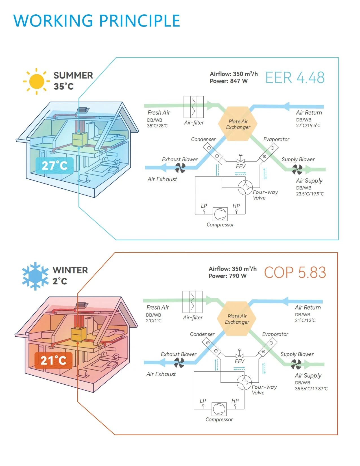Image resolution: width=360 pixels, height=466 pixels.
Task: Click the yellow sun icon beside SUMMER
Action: point(37,81)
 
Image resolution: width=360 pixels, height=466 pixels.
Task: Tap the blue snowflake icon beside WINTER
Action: point(36,276)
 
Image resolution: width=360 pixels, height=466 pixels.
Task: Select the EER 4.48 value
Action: point(295,78)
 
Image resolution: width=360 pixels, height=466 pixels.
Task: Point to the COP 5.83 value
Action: point(295,273)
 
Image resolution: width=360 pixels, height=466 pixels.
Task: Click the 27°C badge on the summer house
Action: point(54,166)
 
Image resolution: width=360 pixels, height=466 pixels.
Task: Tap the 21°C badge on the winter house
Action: point(53,360)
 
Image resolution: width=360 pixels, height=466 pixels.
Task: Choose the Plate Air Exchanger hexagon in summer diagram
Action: point(238,124)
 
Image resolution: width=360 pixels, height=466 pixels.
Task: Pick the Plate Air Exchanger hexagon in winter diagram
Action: point(237,319)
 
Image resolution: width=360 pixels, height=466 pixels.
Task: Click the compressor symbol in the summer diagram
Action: point(220,214)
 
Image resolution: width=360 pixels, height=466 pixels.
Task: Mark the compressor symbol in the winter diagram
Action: point(219,409)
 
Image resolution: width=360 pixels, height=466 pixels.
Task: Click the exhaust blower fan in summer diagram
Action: point(180,168)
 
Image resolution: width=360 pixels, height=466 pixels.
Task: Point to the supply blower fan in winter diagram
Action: point(296,364)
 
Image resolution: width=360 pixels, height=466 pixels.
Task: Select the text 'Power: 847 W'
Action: point(229,81)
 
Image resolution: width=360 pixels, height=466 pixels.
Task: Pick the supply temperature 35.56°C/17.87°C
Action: point(311,389)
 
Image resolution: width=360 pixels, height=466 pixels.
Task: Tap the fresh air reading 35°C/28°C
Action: point(157,126)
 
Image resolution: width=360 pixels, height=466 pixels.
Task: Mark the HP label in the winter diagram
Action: point(235,401)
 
